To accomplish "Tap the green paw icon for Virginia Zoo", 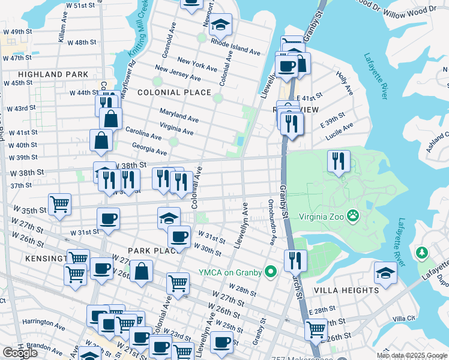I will [x=355, y=214].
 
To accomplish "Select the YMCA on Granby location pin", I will [x=271, y=272].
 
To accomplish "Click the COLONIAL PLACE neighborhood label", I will [x=174, y=92].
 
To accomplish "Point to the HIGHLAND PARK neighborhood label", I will [x=53, y=74].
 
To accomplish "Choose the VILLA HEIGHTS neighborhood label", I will [x=346, y=290].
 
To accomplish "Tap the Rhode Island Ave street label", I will [x=235, y=48].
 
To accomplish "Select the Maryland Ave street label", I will [x=179, y=116].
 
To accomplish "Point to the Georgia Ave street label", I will [x=149, y=149].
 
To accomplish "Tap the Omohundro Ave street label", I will [x=271, y=223].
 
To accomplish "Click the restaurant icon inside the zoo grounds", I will [x=339, y=161].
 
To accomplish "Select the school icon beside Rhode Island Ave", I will [x=221, y=25].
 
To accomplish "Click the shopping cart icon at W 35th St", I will [x=60, y=204].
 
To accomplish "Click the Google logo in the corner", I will [x=20, y=353].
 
